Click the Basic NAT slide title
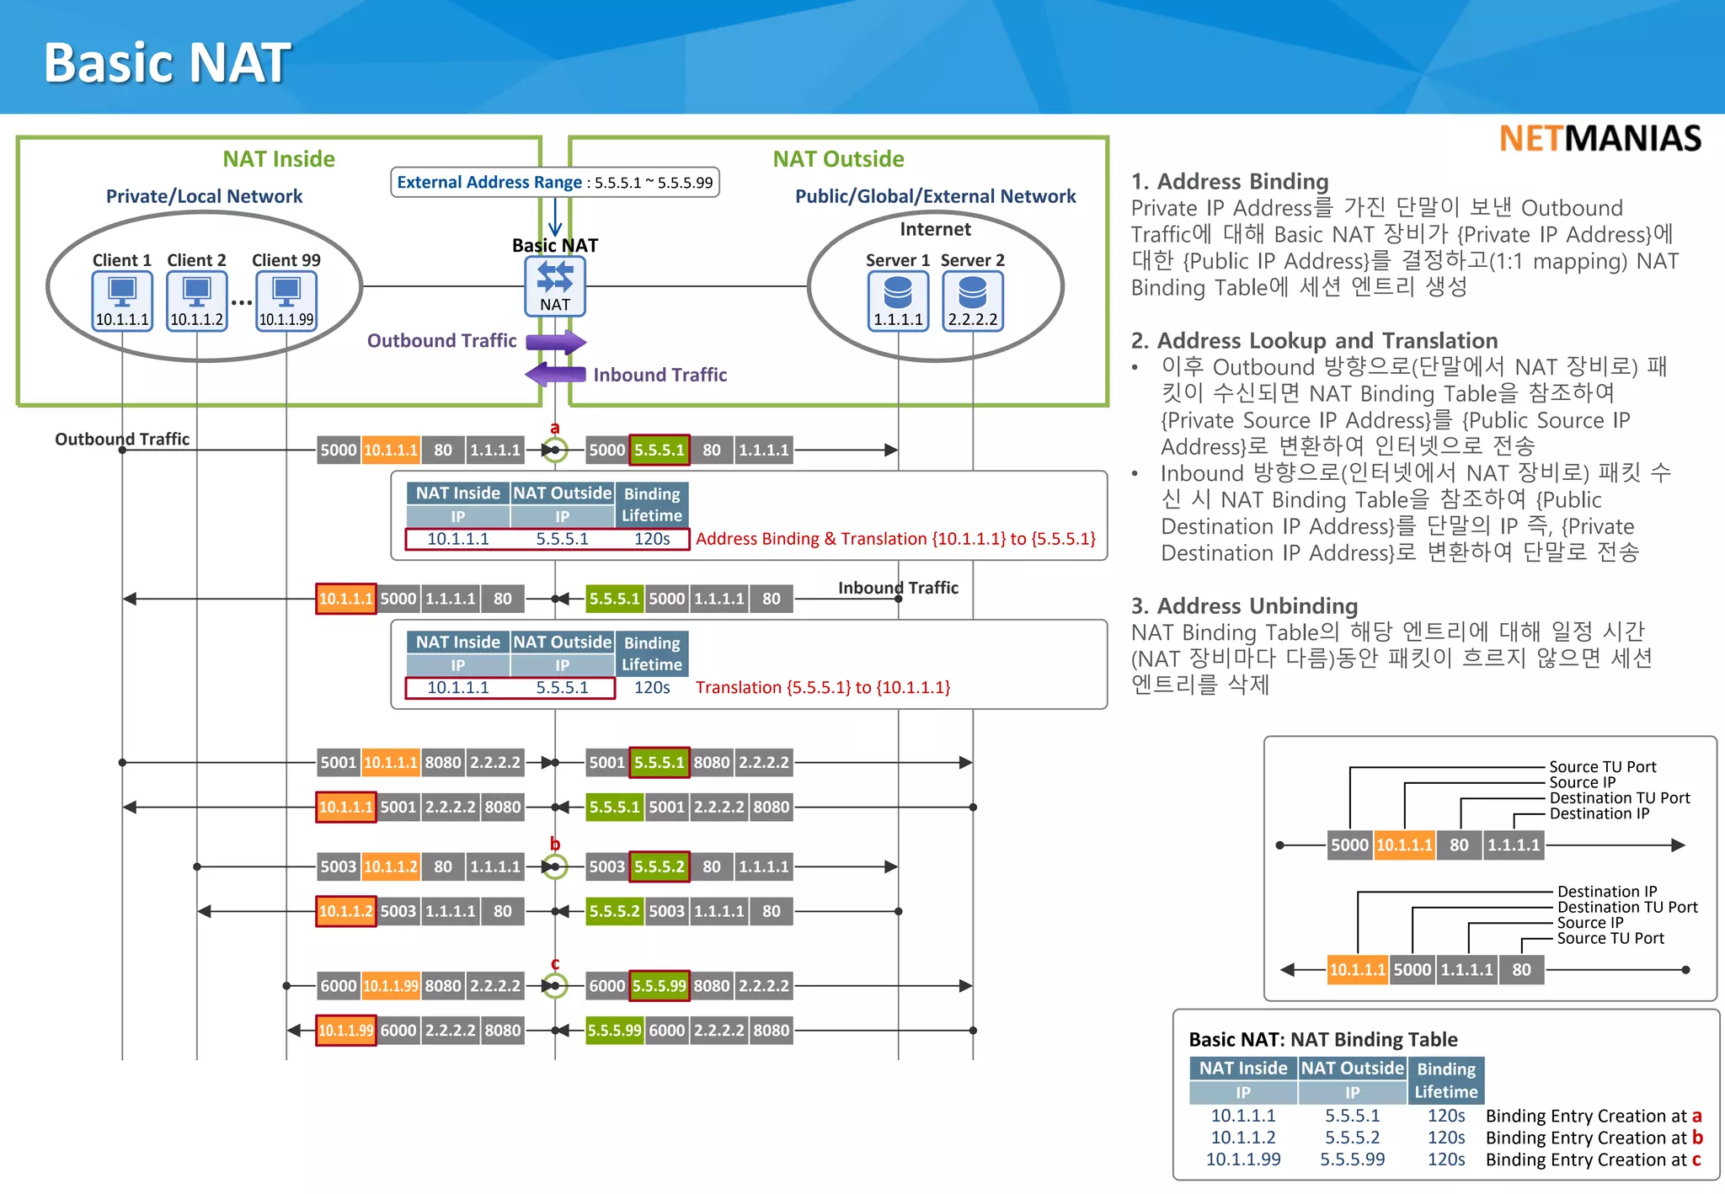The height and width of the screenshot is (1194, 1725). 167,63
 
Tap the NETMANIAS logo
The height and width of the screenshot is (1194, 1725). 1599,138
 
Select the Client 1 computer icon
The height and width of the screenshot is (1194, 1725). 122,293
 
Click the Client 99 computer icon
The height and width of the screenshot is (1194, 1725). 286,293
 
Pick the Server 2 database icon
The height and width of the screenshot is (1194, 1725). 972,293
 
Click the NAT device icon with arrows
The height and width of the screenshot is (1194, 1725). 554,278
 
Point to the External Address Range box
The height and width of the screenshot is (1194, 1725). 554,182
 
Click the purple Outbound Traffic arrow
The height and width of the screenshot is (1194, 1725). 555,342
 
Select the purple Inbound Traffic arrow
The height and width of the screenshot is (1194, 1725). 555,374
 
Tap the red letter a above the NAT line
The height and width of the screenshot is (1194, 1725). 554,428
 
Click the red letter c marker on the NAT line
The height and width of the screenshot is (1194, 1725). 554,963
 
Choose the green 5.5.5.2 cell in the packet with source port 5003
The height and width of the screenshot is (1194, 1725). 660,866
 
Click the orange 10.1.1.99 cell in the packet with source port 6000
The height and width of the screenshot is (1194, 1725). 391,986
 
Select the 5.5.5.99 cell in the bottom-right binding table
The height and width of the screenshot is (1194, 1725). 1352,1159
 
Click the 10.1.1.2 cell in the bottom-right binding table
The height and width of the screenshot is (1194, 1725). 1242,1138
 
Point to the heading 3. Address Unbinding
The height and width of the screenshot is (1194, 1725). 1244,605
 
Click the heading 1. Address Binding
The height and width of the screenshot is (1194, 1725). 1230,181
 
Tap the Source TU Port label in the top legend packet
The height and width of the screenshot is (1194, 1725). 1602,766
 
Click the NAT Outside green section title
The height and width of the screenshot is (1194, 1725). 838,159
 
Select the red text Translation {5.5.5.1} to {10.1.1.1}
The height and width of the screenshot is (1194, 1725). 822,687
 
